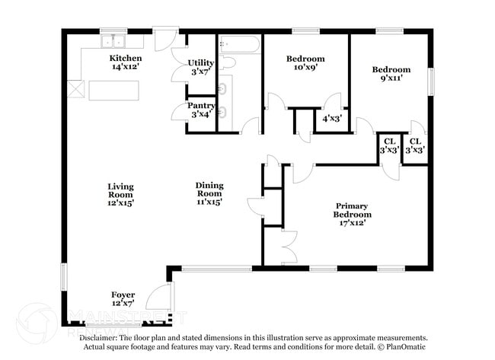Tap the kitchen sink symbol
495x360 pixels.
coord(114,40)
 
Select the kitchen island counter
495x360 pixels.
coord(115,91)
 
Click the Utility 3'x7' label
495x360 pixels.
coord(202,67)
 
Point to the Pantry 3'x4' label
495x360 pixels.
coord(202,110)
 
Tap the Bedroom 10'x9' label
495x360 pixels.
coord(305,63)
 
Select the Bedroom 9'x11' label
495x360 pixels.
coord(391,74)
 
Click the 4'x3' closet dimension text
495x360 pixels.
coord(331,119)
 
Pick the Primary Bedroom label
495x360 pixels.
coord(352,215)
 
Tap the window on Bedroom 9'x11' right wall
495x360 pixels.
coord(430,81)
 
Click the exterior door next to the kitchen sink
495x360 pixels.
coord(165,40)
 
